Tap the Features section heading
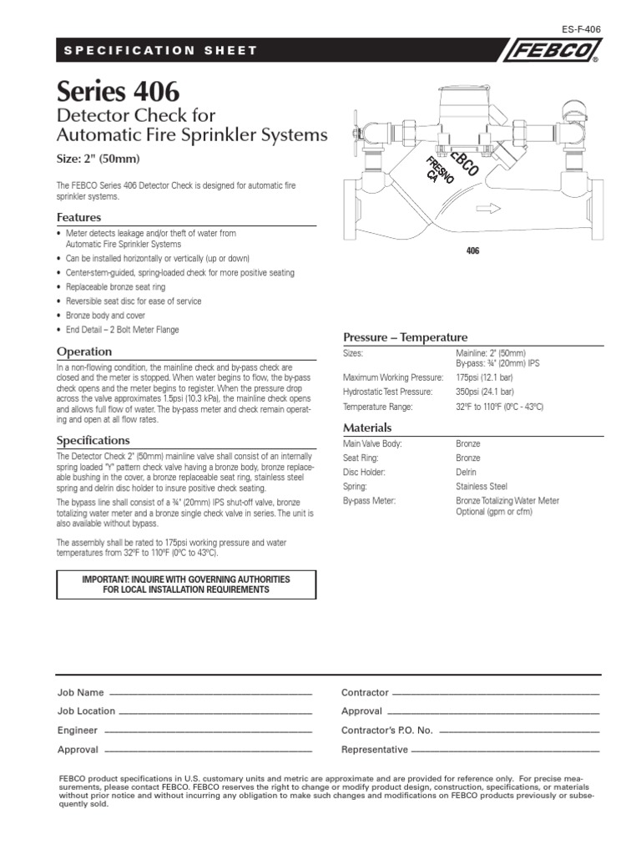click(78, 217)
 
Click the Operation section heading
click(83, 352)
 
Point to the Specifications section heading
click(93, 439)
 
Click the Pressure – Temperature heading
click(406, 336)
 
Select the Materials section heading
click(368, 427)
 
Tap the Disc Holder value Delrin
click(467, 472)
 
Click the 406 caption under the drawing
click(472, 250)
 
